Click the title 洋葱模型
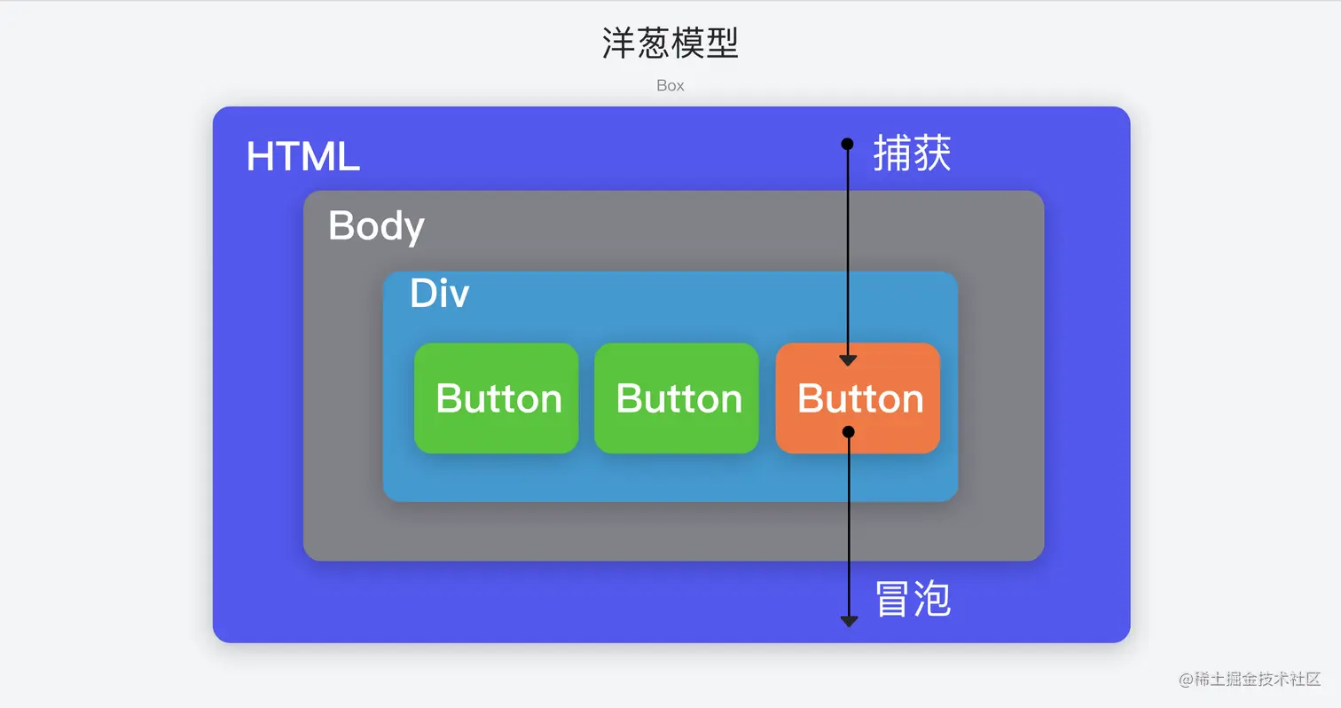[670, 43]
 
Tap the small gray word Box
[670, 86]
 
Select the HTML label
[302, 157]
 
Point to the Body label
[376, 225]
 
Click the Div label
[439, 294]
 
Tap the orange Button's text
[859, 398]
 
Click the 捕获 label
[912, 153]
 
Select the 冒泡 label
[912, 600]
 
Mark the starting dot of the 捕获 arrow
[847, 144]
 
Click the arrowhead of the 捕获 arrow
[848, 360]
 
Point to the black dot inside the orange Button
[848, 431]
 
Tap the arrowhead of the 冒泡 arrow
[849, 621]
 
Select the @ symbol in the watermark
[1187, 680]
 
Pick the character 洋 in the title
[618, 43]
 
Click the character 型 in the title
[723, 43]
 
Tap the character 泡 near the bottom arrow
[932, 600]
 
